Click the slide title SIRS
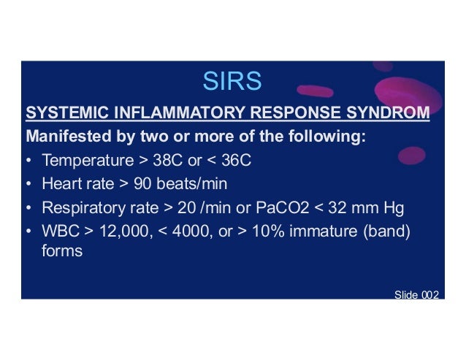coord(232,82)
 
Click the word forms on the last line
coord(62,250)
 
